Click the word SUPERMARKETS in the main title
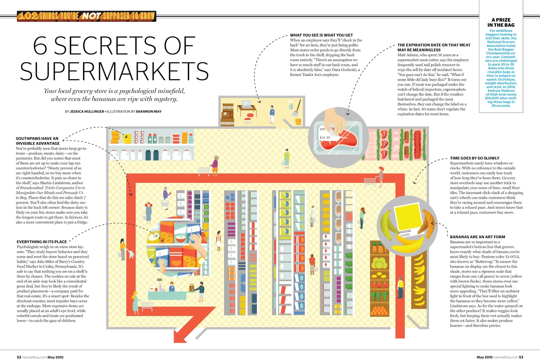coord(114,71)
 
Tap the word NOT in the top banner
coord(91,16)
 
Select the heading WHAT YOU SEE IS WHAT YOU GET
coord(321,35)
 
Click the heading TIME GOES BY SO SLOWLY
coord(475,158)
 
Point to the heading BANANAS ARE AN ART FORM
coord(478,237)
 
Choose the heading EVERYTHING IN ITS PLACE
coord(42,242)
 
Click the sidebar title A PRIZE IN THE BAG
coord(501,23)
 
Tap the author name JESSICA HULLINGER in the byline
coord(87,112)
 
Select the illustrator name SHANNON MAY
coord(148,112)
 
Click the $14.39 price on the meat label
coord(325,138)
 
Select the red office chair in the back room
coord(249,117)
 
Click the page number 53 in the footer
coord(521,357)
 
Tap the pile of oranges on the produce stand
coord(380,310)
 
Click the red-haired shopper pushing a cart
coord(381,175)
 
